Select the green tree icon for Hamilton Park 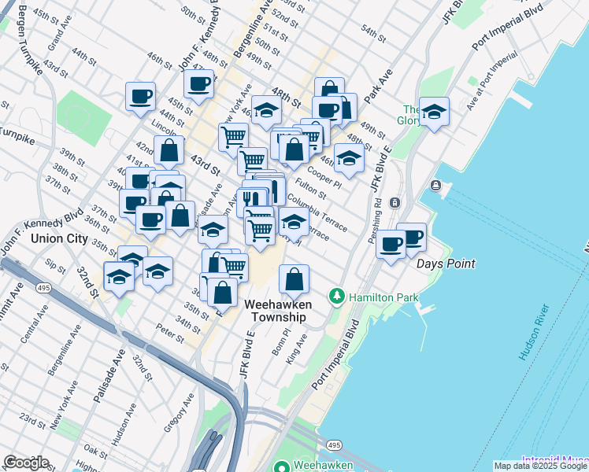[337, 297]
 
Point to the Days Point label [446, 264]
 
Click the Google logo [26, 463]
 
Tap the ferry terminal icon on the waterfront [435, 186]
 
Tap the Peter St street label [169, 334]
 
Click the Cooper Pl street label [324, 174]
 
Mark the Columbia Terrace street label [317, 212]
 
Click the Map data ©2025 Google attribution [541, 466]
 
